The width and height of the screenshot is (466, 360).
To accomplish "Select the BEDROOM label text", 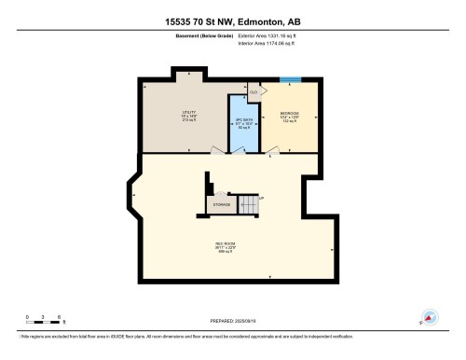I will point(289,113).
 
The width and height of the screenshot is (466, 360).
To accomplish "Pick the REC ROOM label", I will point(225,244).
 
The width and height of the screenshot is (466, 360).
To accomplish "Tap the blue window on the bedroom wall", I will point(291,80).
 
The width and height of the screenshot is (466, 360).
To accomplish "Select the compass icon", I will point(430,317).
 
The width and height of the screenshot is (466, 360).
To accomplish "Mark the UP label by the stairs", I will point(262,198).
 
